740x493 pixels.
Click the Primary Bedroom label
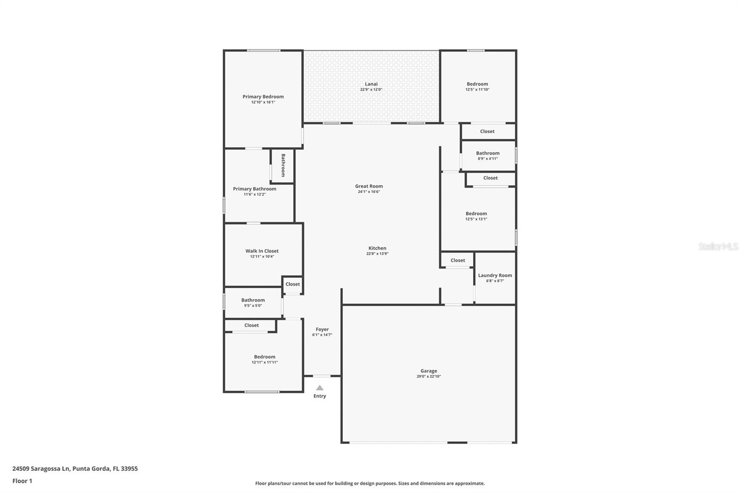[263, 97]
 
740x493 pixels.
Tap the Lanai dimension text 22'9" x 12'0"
[371, 90]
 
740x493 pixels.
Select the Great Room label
[369, 186]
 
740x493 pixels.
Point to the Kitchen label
[377, 248]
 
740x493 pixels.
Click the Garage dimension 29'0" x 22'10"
[429, 376]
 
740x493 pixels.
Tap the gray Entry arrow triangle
[320, 388]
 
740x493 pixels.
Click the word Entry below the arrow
[320, 396]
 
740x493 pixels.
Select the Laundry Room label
[495, 275]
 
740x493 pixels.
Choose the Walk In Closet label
[262, 251]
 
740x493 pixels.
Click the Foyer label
[322, 329]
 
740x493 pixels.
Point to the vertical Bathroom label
[283, 165]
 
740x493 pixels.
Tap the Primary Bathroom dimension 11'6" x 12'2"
[255, 194]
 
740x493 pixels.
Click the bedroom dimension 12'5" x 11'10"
[477, 90]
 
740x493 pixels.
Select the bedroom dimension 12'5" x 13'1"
[476, 219]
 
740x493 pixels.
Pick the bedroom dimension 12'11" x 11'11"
[265, 363]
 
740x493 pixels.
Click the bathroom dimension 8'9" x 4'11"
[487, 159]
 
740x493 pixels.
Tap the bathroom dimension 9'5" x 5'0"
[253, 306]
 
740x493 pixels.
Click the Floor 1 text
[22, 481]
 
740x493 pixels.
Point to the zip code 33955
[129, 468]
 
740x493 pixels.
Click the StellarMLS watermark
[718, 246]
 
